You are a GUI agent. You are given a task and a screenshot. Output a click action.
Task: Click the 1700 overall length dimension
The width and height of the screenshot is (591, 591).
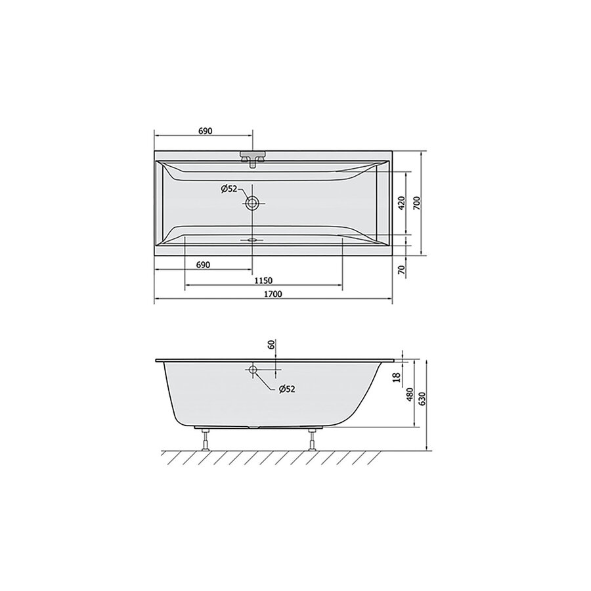coord(273,295)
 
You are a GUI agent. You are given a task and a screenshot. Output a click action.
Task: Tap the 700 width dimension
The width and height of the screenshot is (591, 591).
coord(416,203)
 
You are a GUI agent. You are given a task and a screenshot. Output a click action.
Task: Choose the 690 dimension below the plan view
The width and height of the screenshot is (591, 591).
coord(202,265)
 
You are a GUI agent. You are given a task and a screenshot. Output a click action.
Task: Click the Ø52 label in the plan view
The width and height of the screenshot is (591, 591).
coord(229,188)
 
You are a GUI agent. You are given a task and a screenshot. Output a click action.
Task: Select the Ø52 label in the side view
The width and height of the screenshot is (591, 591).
coord(286,389)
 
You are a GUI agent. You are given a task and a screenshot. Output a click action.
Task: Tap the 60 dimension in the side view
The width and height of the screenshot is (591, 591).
coord(271,345)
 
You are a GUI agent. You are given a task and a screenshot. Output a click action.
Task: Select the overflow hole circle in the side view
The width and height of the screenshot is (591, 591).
coord(252,370)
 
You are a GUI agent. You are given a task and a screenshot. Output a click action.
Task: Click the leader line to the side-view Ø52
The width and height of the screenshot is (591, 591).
coord(265,381)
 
